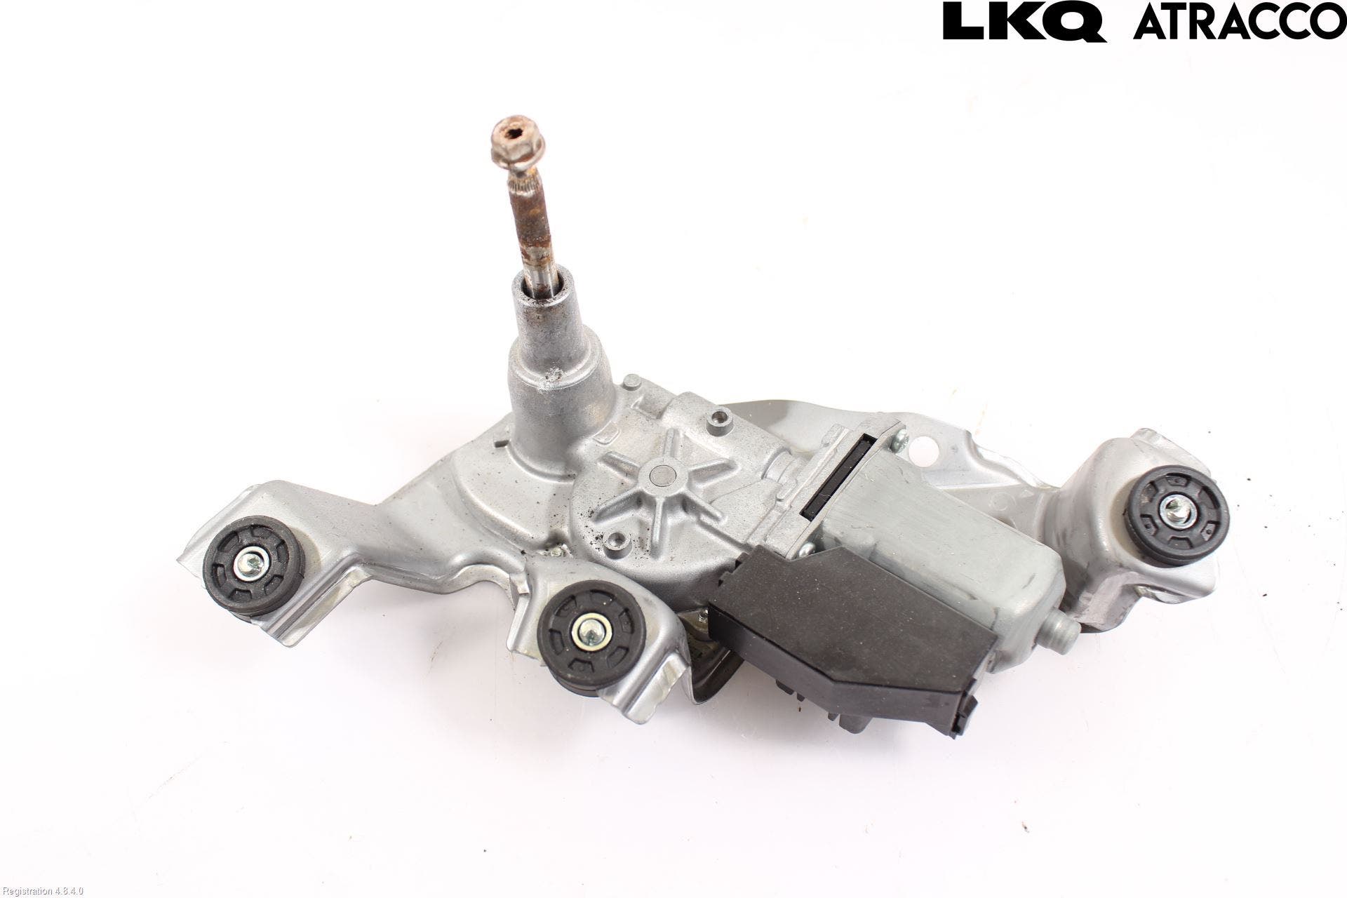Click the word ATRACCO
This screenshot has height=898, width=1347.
pyautogui.click(x=1240, y=21)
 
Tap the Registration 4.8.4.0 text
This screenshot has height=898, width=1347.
pyautogui.click(x=43, y=891)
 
